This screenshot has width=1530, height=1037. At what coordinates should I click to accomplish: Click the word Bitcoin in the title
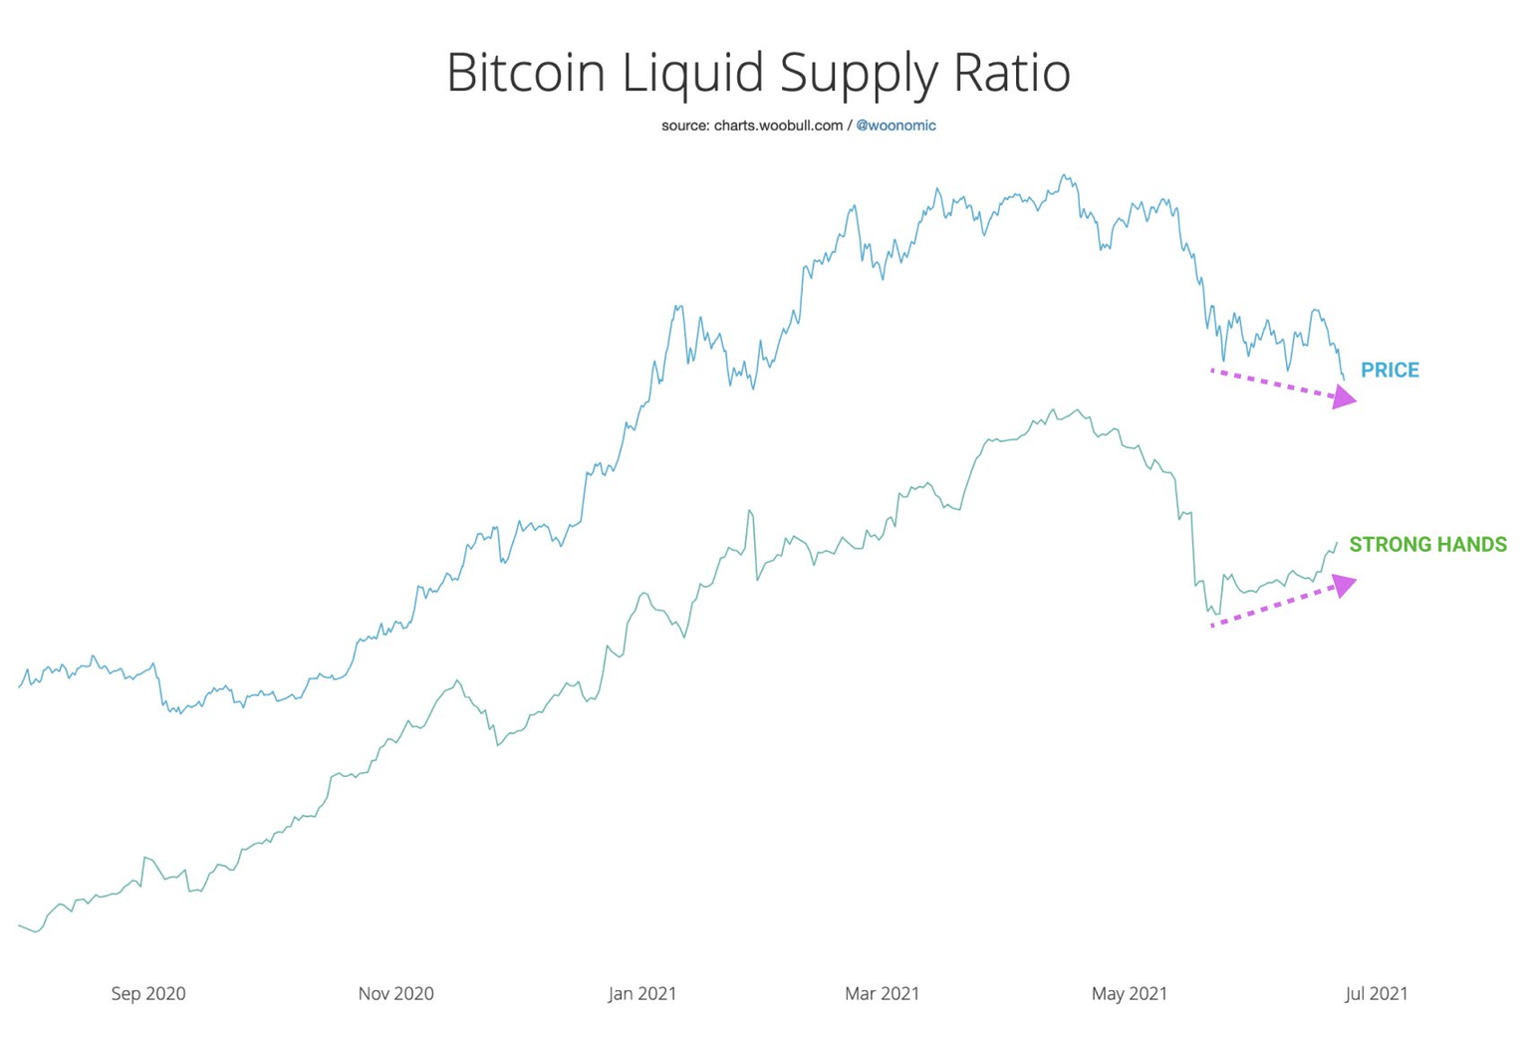point(527,73)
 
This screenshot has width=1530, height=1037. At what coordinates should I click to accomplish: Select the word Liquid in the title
point(693,73)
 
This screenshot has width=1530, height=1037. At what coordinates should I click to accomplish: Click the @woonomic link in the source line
point(895,126)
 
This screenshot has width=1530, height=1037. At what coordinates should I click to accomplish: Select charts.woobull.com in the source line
point(778,126)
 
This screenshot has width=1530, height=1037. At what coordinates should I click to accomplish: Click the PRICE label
point(1390,371)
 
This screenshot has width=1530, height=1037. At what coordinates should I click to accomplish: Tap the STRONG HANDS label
point(1427,545)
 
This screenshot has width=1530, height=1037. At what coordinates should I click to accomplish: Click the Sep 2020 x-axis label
point(148,993)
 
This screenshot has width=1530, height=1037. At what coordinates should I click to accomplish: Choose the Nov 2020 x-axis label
point(395,993)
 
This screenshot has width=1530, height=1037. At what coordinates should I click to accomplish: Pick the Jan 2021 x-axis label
point(642,993)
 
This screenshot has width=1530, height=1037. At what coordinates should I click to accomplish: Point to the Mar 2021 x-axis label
point(882,993)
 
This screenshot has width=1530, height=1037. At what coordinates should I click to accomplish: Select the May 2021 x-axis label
point(1129,993)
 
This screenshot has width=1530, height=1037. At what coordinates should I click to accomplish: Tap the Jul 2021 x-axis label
point(1377,993)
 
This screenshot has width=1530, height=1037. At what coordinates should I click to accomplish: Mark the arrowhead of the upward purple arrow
point(1345,585)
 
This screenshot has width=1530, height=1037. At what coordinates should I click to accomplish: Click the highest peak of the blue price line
point(1065,175)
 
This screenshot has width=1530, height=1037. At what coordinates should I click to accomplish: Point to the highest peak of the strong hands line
point(1053,409)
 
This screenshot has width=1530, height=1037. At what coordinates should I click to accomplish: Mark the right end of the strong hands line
point(1337,543)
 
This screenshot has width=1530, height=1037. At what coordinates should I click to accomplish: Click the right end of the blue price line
point(1344,379)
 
